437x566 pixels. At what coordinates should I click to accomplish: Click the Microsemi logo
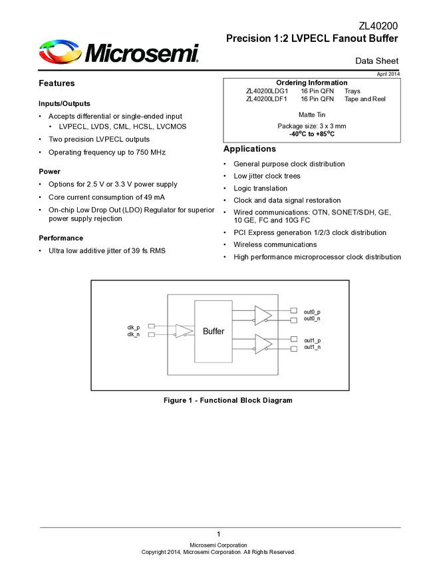pos(119,52)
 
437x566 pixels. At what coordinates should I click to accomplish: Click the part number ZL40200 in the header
pos(378,26)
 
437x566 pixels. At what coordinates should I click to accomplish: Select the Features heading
pos(57,83)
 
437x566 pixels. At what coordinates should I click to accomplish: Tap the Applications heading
pos(249,148)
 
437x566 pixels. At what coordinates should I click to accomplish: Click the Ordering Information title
pos(311,82)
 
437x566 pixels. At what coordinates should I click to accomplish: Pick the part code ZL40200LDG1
pos(267,90)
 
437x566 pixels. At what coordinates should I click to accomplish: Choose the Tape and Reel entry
pos(364,99)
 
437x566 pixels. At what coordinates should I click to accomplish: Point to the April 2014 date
pos(388,73)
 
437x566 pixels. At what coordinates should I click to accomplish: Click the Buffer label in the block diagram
pos(214,331)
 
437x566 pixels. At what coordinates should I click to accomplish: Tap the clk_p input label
pos(134,327)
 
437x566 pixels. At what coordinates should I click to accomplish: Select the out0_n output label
pos(312,319)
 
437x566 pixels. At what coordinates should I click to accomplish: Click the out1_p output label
pos(312,340)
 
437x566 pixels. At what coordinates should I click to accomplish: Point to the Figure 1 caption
pos(228,400)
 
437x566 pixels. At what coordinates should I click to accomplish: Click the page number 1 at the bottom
pos(218,535)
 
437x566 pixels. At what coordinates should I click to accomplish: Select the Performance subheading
pos(61,238)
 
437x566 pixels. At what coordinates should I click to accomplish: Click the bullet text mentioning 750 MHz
pos(107,152)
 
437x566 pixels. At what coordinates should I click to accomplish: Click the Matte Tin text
pos(311,115)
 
